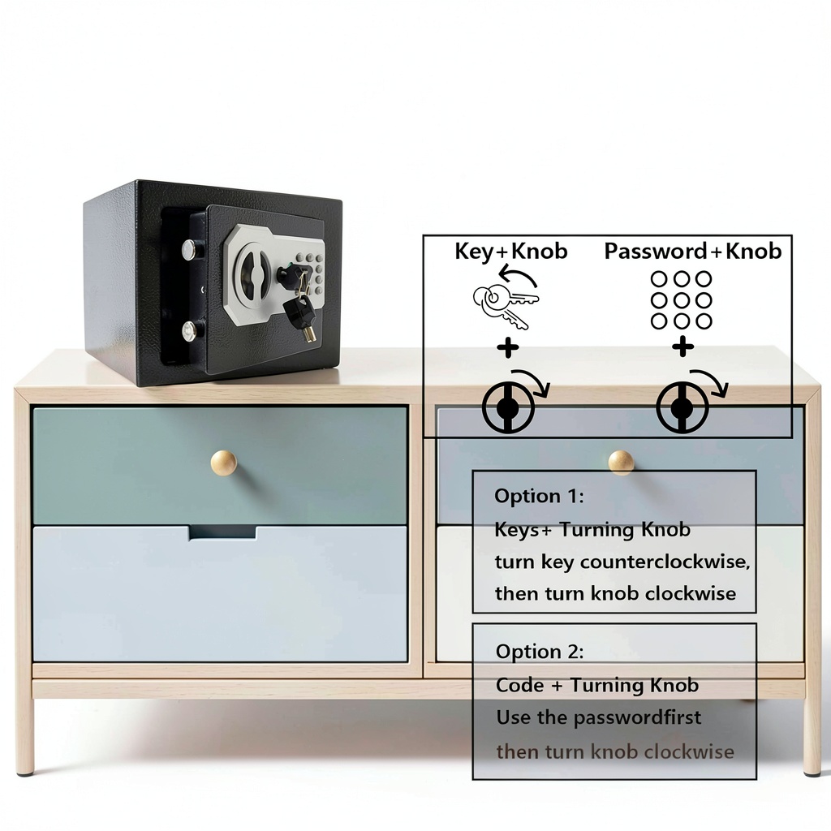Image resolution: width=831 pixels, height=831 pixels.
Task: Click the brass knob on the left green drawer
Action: pos(223,463)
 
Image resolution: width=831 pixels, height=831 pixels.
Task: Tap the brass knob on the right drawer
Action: pos(621,463)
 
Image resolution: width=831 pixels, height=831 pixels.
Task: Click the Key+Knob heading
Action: pos(510,252)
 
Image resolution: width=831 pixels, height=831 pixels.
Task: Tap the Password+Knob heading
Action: pos(692,252)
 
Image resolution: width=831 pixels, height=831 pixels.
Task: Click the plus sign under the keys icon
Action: pos(508,348)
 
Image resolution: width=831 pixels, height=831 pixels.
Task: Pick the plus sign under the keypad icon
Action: pos(682,348)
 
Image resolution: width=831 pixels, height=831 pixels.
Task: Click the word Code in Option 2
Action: pos(519,686)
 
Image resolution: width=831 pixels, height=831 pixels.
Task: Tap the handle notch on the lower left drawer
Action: pos(222,532)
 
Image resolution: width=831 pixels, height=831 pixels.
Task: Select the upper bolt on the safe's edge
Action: pos(189,249)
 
